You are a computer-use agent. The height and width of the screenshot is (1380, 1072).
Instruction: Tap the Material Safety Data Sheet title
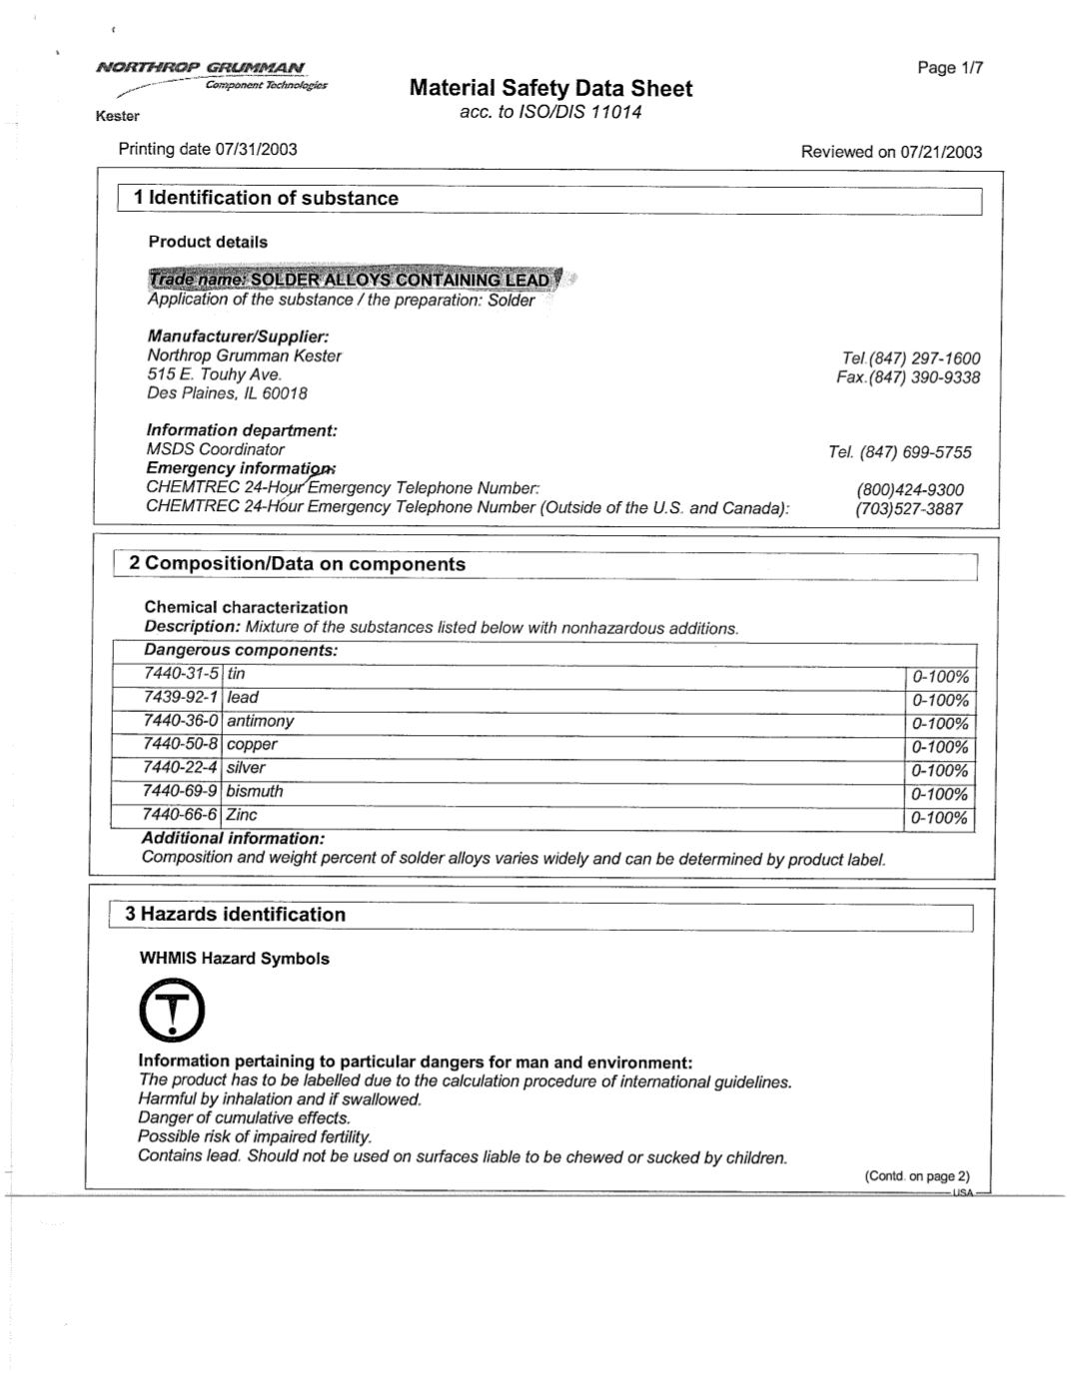click(x=550, y=88)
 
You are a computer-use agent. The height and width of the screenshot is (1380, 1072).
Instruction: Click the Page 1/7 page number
click(x=950, y=68)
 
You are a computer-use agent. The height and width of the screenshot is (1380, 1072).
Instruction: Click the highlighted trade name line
click(x=351, y=279)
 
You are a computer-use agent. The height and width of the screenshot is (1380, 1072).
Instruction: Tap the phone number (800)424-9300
click(x=909, y=489)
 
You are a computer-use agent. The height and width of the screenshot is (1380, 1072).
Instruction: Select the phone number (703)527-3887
click(x=908, y=508)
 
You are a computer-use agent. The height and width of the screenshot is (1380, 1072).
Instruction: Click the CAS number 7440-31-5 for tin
click(x=181, y=674)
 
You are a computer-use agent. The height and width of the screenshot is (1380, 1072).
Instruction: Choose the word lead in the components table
click(x=243, y=697)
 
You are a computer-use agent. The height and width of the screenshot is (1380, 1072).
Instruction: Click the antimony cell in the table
click(x=261, y=721)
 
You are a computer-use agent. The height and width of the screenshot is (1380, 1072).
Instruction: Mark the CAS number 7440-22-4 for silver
click(x=181, y=768)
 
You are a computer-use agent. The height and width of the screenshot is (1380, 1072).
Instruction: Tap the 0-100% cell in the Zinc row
click(x=940, y=819)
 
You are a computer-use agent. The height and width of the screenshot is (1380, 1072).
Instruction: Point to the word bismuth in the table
click(x=255, y=791)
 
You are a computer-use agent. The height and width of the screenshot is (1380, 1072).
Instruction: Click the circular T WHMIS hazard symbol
click(x=173, y=1010)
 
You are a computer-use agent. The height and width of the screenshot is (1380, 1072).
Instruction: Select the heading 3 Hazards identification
click(x=235, y=915)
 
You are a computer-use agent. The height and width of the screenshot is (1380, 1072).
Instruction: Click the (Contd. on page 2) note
click(x=916, y=1176)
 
